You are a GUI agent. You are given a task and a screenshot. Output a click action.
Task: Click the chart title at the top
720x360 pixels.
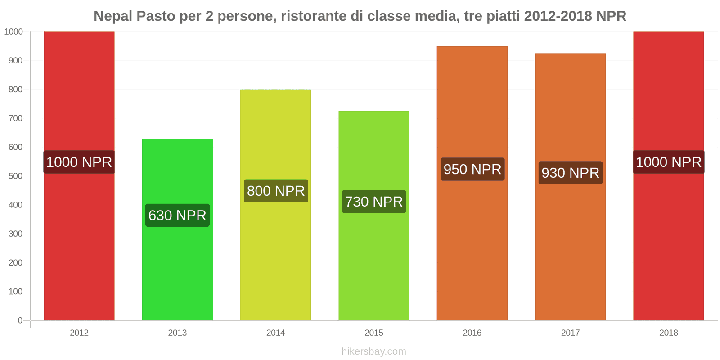click(360, 16)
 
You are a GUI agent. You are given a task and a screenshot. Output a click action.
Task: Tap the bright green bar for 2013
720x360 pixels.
click(177, 270)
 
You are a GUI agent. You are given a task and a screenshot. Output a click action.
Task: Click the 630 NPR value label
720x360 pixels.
click(177, 216)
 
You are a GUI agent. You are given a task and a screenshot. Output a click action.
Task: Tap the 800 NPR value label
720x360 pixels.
click(276, 191)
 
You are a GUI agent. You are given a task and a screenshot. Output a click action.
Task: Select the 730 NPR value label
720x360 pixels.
click(374, 202)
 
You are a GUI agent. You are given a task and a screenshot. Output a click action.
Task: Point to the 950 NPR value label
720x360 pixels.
click(472, 169)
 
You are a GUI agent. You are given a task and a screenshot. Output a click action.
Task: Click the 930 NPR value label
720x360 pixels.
click(570, 173)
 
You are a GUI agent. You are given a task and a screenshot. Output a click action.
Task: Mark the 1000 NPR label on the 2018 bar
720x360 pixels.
click(669, 162)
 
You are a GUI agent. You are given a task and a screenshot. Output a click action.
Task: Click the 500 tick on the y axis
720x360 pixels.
click(15, 176)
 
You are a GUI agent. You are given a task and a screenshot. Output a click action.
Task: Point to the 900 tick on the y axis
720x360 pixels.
click(15, 61)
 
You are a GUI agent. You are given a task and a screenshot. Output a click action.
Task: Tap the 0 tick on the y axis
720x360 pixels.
click(20, 320)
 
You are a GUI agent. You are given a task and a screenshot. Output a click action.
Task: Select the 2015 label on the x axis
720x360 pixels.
click(374, 333)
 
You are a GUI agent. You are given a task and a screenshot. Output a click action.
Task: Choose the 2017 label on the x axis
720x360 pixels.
click(570, 333)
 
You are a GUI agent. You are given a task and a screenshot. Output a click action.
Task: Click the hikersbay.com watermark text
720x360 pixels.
click(373, 351)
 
